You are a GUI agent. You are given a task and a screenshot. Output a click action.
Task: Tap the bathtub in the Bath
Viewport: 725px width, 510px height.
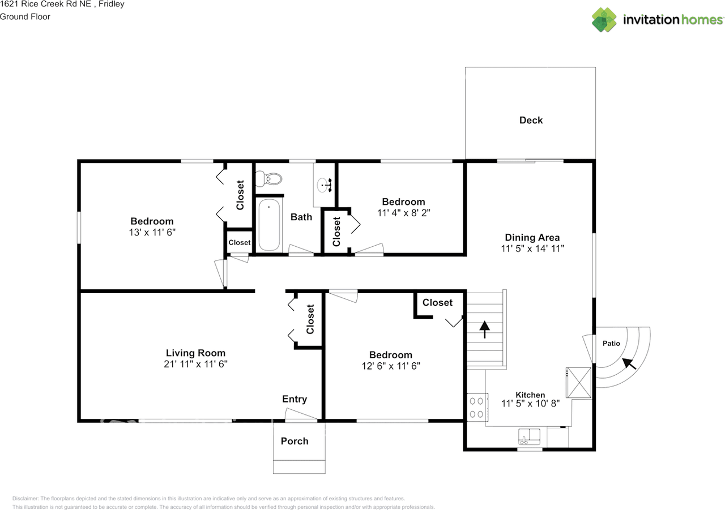(x=270, y=225)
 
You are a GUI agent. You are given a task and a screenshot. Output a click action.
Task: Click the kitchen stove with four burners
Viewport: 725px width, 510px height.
(x=476, y=407)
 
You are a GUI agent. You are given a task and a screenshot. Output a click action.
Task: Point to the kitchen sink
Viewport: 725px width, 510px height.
(x=530, y=436)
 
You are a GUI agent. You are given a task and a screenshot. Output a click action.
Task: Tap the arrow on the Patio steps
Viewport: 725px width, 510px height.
(x=629, y=363)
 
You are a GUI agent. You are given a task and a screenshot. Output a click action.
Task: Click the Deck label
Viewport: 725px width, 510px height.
(x=531, y=120)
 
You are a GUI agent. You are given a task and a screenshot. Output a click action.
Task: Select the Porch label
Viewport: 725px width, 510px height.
(x=295, y=441)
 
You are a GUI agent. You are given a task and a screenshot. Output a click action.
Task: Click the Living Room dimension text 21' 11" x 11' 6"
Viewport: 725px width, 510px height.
(x=195, y=364)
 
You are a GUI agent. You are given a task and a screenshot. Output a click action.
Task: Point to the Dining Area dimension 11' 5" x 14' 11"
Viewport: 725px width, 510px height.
(x=532, y=248)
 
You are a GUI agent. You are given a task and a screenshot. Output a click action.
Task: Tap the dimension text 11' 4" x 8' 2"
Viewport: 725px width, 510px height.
(x=403, y=213)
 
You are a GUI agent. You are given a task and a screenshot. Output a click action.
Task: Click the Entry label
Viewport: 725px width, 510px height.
(x=295, y=399)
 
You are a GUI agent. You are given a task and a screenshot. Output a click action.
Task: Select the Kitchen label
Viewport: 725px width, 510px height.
(x=530, y=395)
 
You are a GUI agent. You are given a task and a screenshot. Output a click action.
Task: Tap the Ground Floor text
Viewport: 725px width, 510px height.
(x=25, y=16)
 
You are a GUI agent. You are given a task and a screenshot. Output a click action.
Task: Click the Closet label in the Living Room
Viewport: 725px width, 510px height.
(x=310, y=319)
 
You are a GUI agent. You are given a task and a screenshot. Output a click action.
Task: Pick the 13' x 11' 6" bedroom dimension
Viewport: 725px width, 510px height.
(x=152, y=232)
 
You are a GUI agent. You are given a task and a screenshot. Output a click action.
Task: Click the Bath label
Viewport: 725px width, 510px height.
(x=301, y=217)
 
